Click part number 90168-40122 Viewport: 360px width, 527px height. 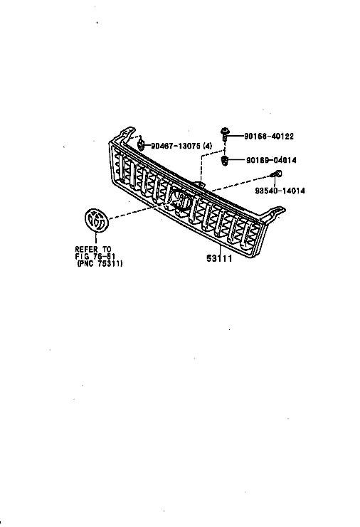[x=268, y=136]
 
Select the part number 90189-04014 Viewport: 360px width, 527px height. [x=271, y=160]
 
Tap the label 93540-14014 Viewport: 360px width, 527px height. [x=280, y=191]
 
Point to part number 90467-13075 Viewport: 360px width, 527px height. [x=176, y=146]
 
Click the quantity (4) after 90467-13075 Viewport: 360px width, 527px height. [x=208, y=146]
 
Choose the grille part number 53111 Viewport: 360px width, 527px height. [x=219, y=258]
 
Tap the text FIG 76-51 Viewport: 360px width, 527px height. [x=95, y=257]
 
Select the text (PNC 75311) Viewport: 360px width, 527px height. [x=100, y=263]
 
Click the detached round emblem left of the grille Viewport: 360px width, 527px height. [x=96, y=220]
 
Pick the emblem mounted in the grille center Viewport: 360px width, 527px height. [x=180, y=200]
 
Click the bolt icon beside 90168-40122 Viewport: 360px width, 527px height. [x=225, y=134]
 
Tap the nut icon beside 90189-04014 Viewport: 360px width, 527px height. [x=224, y=161]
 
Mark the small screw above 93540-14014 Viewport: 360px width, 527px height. [x=277, y=174]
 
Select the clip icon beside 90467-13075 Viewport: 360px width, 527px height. [x=142, y=145]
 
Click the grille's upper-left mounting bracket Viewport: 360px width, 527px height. [x=127, y=134]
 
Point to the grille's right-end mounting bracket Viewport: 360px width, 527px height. [x=275, y=214]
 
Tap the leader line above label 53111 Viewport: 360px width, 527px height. [x=220, y=250]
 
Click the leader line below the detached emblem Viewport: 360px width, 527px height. [x=96, y=238]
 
